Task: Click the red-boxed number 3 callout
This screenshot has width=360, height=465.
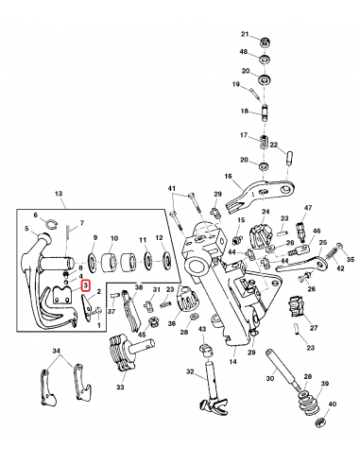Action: (85, 284)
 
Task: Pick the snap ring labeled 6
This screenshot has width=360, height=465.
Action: (52, 223)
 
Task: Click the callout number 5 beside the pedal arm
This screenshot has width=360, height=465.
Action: (26, 230)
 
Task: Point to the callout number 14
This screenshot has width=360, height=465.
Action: (231, 360)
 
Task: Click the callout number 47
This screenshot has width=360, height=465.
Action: (307, 206)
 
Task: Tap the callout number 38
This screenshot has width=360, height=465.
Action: (138, 287)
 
